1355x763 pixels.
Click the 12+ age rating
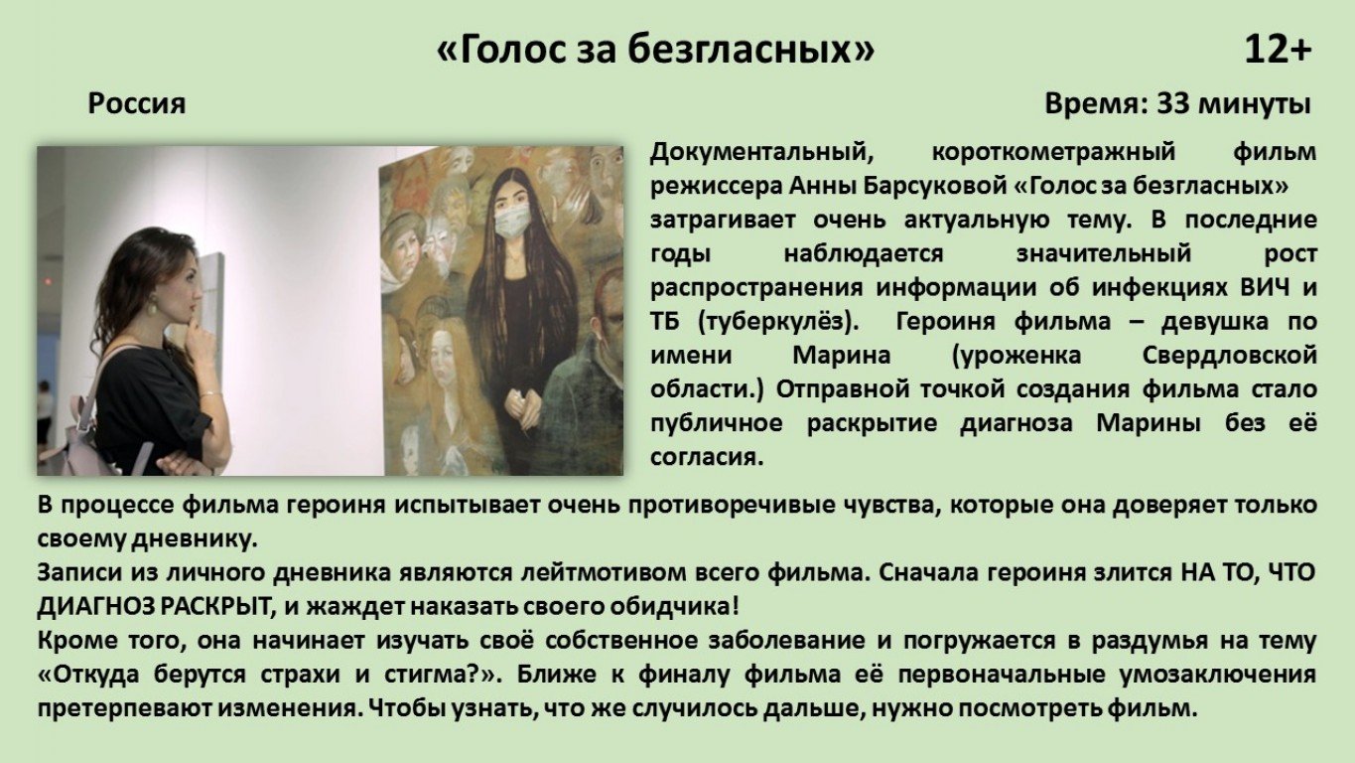coord(1278,49)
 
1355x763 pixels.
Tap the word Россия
coord(137,103)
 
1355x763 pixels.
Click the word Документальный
coord(762,151)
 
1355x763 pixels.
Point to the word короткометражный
coord(1053,151)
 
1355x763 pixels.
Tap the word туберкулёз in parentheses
coord(778,321)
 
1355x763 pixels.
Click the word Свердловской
coord(1229,355)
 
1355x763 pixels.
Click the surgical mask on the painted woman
coord(512,220)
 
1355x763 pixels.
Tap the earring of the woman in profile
coord(150,306)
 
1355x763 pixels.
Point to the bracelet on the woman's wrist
coord(208,394)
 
